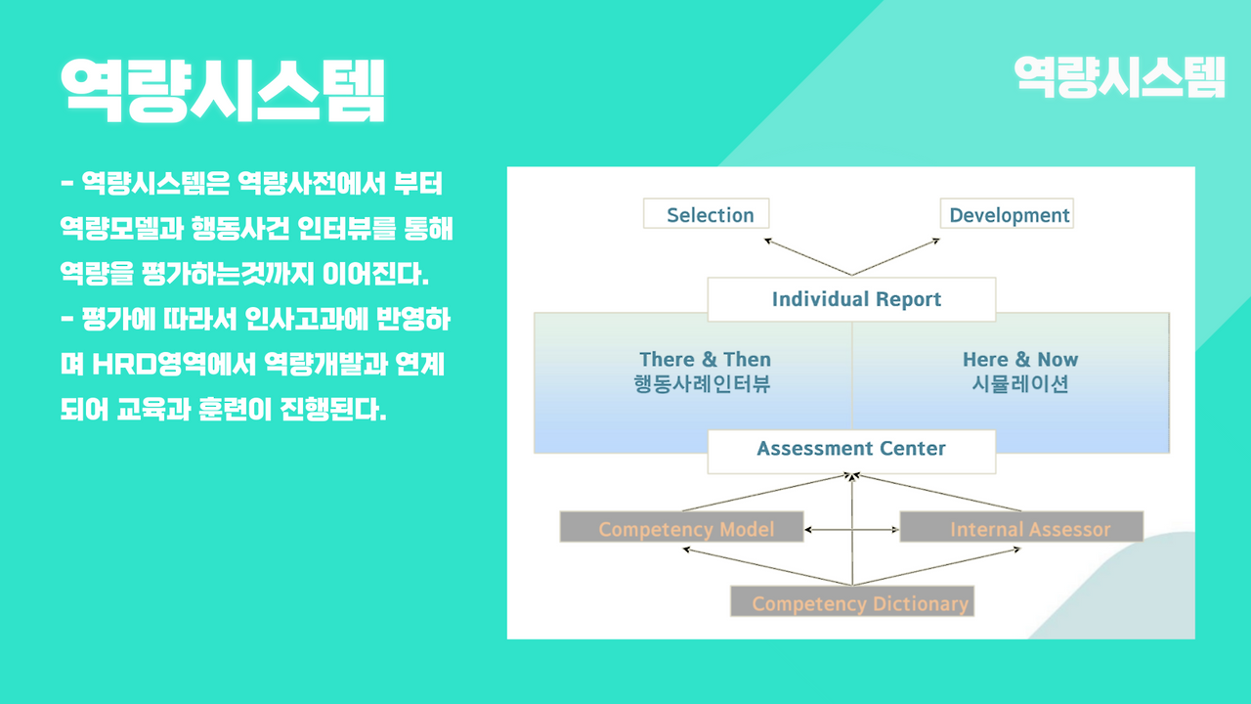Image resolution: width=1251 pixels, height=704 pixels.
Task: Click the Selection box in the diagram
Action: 707,214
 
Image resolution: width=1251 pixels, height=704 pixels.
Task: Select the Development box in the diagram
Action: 1008,214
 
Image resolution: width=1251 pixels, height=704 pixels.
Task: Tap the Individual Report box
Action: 851,299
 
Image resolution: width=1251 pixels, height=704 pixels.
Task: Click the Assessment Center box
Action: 851,450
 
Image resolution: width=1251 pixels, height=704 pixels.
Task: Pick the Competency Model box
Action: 682,528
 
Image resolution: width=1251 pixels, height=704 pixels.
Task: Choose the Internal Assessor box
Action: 1021,528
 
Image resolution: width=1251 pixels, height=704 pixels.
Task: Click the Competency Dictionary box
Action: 852,602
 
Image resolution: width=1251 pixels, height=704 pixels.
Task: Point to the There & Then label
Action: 705,360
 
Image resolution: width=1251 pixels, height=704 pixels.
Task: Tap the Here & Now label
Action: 1020,360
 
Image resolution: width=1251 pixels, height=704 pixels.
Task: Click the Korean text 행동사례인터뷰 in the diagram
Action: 703,384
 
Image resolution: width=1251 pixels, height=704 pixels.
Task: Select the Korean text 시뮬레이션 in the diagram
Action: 1020,384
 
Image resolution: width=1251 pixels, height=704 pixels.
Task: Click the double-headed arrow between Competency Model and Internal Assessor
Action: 851,530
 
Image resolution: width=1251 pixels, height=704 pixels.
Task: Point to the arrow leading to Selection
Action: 806,256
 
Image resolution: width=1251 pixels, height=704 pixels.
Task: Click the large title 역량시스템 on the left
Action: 223,90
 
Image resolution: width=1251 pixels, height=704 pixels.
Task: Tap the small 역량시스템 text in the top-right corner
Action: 1120,77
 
